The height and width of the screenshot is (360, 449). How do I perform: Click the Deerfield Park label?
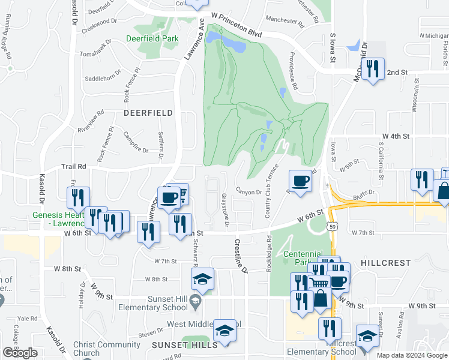point(152,38)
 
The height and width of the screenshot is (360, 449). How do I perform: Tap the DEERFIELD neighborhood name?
point(148,113)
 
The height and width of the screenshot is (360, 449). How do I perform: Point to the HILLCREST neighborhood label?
point(386,263)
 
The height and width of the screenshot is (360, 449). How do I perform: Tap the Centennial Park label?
point(303,258)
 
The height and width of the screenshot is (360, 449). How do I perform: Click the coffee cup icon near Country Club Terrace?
point(300,180)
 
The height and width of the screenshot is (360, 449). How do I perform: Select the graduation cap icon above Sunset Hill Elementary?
point(203,278)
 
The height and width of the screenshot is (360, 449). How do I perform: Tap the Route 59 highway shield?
point(331,226)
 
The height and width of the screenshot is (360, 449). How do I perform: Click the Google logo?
point(20,353)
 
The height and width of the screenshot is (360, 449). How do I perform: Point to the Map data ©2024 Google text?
point(412,355)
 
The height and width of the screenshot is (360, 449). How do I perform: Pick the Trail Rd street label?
point(73,166)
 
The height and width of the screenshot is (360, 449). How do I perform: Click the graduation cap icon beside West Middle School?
point(225,332)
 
